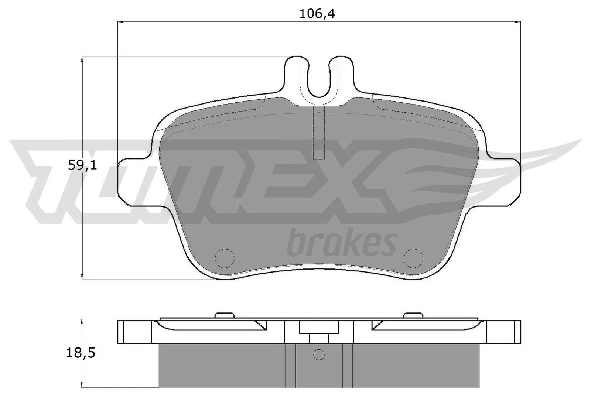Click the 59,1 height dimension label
(82, 165)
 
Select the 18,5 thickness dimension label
(81, 353)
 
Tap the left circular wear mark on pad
(225, 257)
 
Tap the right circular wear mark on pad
(413, 257)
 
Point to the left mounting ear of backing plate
(133, 181)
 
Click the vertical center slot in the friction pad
(319, 133)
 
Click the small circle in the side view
(319, 355)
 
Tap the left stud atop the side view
(225, 315)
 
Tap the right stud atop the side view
(413, 315)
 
